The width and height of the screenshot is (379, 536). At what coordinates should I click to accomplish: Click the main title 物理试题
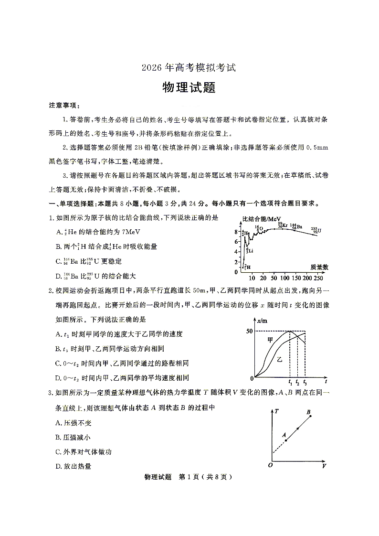click(x=189, y=87)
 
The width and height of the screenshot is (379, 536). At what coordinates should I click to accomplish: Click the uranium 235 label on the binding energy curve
click(x=316, y=230)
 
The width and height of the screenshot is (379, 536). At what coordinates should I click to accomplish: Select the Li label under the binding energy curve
click(x=249, y=250)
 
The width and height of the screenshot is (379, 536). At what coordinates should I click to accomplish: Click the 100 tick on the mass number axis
click(x=284, y=278)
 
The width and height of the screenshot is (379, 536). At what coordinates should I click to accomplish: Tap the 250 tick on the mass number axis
click(x=318, y=278)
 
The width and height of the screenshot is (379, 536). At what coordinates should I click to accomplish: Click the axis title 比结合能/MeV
click(x=262, y=219)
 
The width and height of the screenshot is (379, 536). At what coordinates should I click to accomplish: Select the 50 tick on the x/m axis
click(x=249, y=331)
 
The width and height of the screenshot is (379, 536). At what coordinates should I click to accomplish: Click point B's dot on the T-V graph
click(x=311, y=416)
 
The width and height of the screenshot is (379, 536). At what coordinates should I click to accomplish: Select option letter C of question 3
click(x=58, y=452)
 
